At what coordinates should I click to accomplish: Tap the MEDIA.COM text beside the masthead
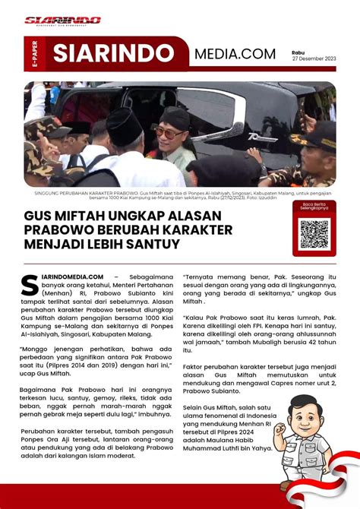click(234, 54)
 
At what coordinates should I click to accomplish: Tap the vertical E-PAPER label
click(35, 55)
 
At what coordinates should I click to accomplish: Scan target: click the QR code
click(314, 234)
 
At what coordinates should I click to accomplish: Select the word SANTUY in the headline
click(154, 244)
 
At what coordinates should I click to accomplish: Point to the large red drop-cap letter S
click(30, 283)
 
